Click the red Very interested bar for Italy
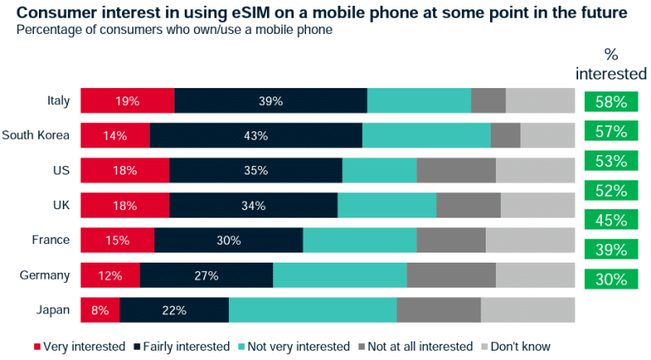click(x=127, y=101)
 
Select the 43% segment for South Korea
click(x=255, y=136)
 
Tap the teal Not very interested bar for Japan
click(x=312, y=310)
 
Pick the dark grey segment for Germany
click(x=451, y=275)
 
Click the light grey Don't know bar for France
click(x=530, y=241)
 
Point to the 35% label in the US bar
click(x=255, y=170)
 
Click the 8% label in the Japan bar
click(x=100, y=310)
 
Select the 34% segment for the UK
click(x=253, y=206)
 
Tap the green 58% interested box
click(x=610, y=102)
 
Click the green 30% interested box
click(x=610, y=279)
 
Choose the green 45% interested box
click(x=610, y=220)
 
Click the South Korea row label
click(x=36, y=136)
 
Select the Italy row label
click(x=58, y=101)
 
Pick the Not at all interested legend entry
click(x=415, y=346)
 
